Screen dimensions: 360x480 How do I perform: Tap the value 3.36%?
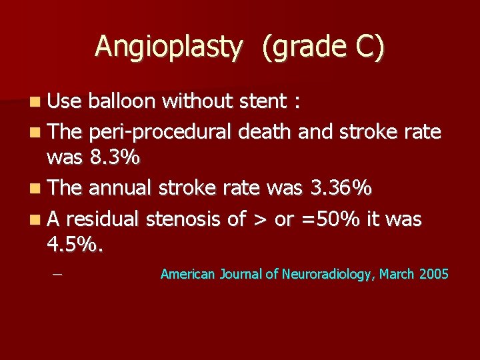341,188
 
